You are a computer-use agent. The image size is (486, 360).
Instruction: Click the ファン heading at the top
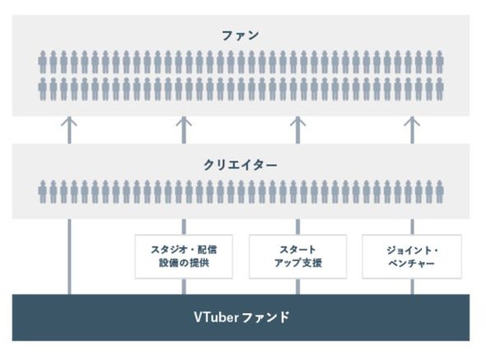(x=241, y=35)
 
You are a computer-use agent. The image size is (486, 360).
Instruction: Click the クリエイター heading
(x=241, y=165)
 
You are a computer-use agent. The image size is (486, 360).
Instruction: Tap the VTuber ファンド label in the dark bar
(x=241, y=317)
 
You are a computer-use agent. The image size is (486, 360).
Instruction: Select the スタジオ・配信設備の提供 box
(x=184, y=256)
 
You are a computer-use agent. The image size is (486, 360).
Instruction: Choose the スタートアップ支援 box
(x=298, y=256)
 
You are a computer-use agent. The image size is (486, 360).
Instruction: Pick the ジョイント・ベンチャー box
(x=412, y=256)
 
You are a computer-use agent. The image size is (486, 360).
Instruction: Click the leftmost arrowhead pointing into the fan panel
(x=69, y=122)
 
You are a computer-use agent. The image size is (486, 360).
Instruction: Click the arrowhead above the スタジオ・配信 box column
(x=184, y=122)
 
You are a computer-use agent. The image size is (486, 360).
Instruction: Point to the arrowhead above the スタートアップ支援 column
(x=298, y=122)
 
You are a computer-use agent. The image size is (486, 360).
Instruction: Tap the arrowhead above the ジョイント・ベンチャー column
(x=412, y=122)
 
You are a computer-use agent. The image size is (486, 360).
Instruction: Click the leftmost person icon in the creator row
(x=43, y=192)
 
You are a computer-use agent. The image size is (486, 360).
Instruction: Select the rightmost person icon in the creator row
(x=439, y=192)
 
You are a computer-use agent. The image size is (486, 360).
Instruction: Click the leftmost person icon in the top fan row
(x=43, y=62)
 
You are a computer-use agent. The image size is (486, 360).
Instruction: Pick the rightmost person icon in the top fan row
(x=439, y=62)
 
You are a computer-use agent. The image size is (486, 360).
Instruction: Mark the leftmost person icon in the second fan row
(x=43, y=89)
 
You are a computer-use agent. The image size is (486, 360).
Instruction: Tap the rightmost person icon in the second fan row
(x=439, y=89)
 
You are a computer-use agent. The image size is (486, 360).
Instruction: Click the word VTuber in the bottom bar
(x=216, y=317)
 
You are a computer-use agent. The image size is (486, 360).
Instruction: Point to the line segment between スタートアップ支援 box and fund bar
(x=298, y=287)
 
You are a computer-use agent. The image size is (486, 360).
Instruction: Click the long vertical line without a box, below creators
(x=69, y=257)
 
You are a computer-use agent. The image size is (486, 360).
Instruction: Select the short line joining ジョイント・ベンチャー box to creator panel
(x=412, y=227)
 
